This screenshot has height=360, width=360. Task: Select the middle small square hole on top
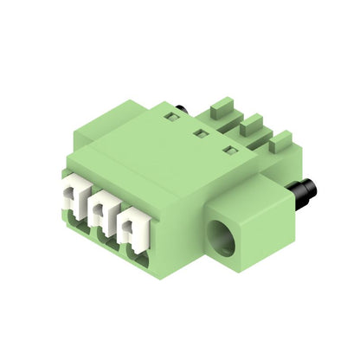pos(200,134)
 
